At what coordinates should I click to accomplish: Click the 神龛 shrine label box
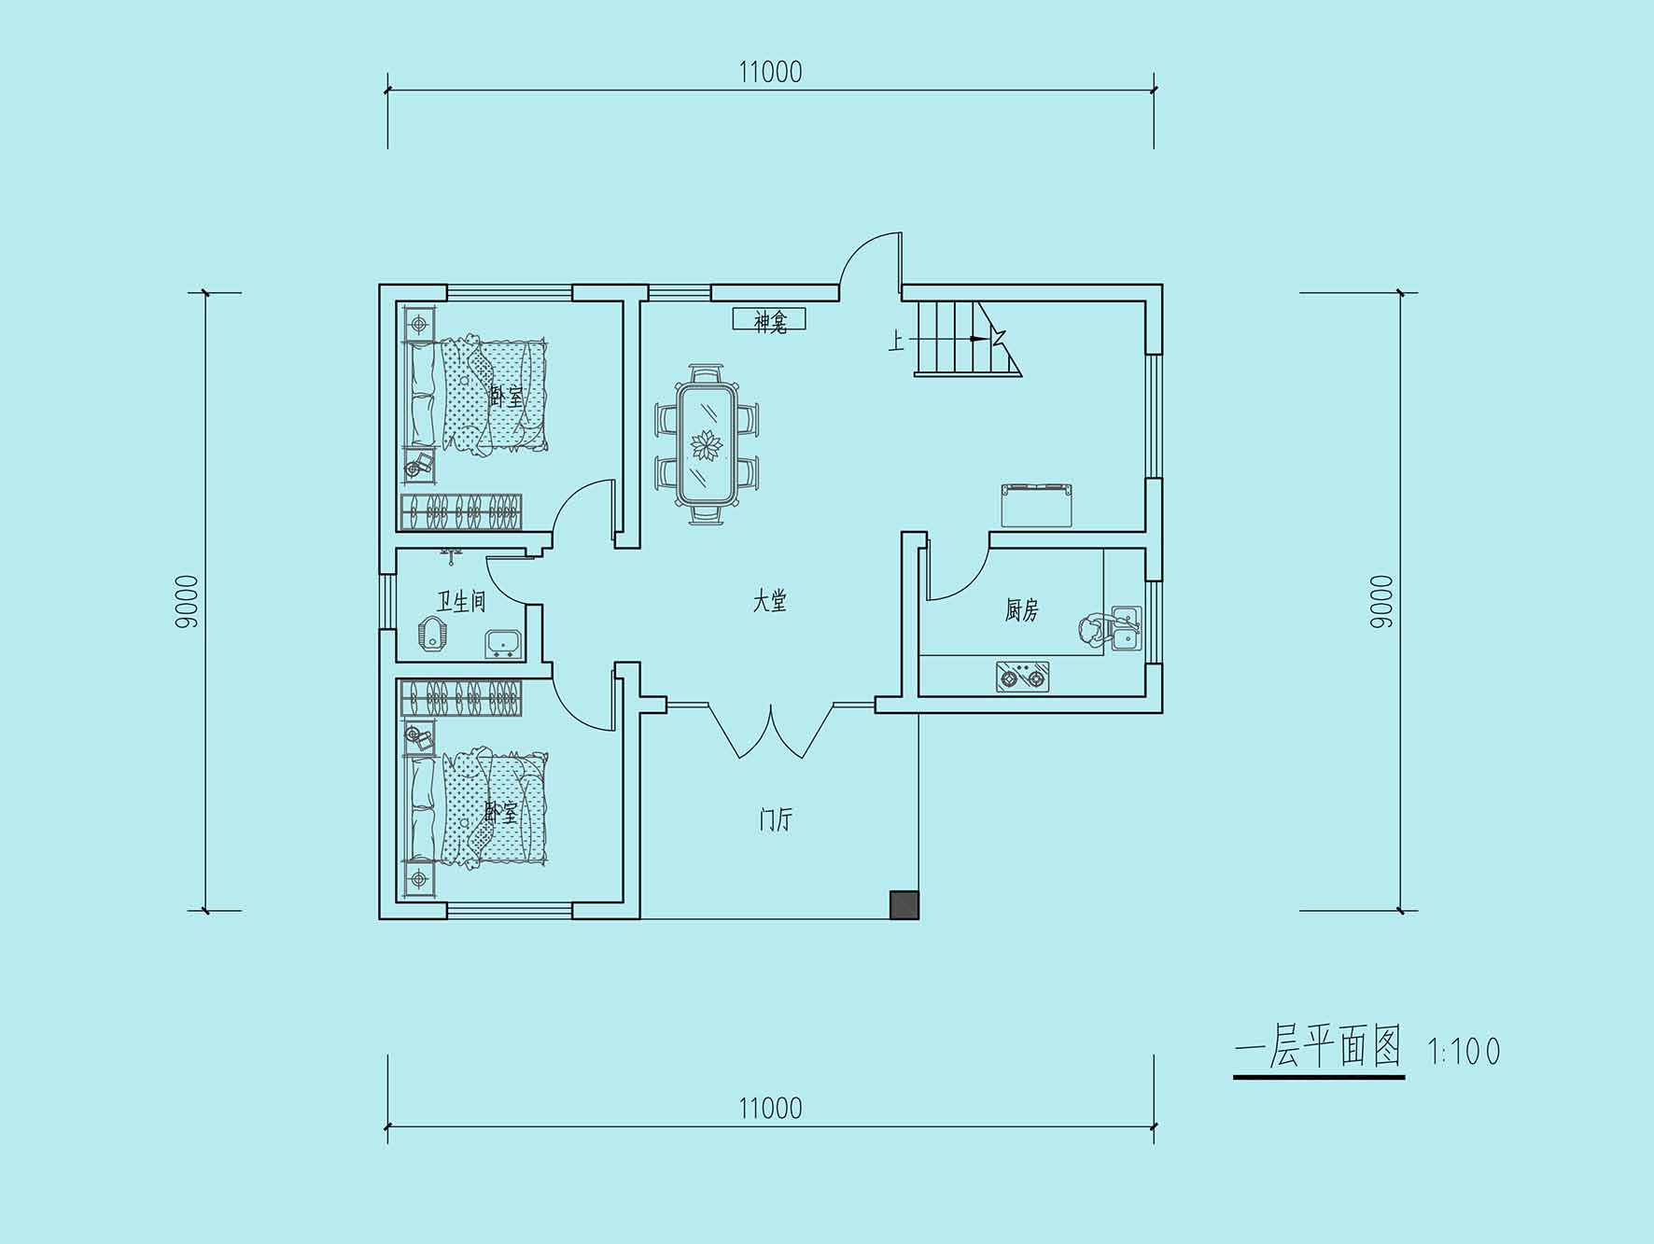[768, 320]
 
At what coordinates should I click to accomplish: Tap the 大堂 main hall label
[770, 602]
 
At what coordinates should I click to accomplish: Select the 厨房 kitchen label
[1022, 610]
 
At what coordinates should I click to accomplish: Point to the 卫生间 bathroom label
[461, 601]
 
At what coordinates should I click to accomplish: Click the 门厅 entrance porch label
[775, 820]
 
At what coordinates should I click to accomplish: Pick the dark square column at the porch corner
[904, 905]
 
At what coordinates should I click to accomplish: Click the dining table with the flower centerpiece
[707, 444]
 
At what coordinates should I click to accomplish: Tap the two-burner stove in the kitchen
[1022, 677]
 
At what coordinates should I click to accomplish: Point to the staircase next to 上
[966, 338]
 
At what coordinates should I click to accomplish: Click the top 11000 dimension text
[770, 72]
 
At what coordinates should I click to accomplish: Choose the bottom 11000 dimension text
[770, 1109]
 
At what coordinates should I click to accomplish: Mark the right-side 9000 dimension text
[1381, 602]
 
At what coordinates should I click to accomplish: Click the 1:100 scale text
[1465, 1052]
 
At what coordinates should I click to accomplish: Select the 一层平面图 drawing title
[1318, 1047]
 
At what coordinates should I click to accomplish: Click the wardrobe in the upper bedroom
[461, 511]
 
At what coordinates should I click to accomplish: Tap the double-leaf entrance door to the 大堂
[770, 731]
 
